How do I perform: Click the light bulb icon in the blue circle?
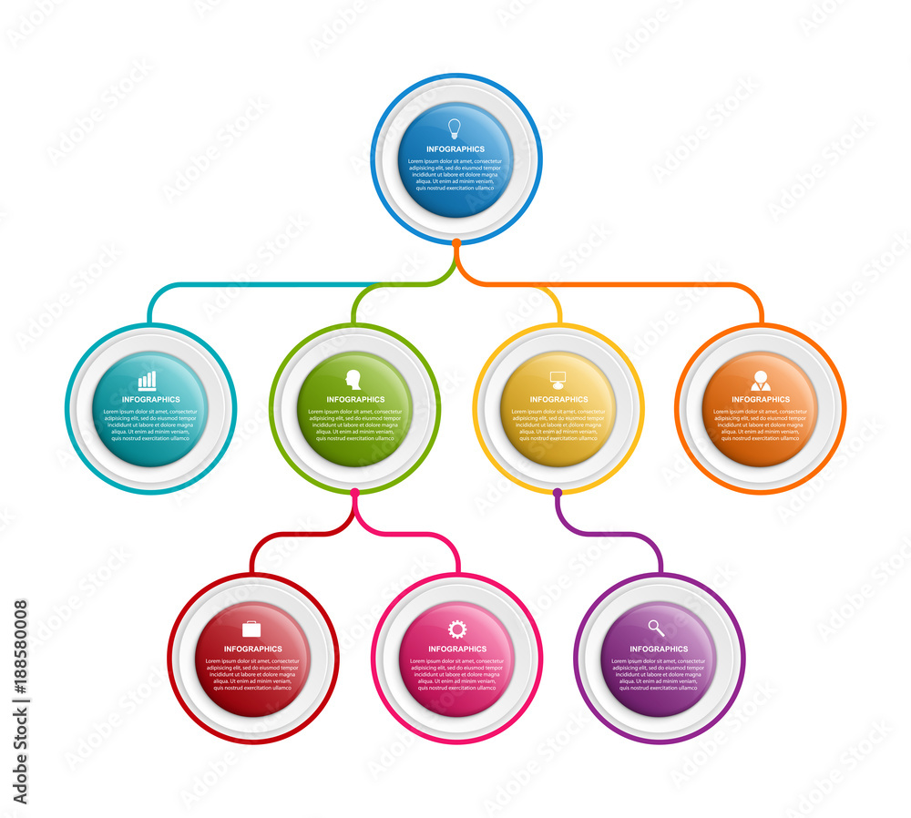click(455, 128)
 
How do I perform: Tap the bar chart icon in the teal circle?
click(147, 380)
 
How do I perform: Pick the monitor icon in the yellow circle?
click(558, 379)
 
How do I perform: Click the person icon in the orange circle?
click(761, 381)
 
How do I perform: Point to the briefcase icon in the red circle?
click(251, 629)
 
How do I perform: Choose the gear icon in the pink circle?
click(456, 629)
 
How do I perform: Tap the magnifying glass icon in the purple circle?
click(657, 629)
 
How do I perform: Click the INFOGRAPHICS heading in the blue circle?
click(455, 149)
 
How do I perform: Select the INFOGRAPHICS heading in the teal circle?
click(151, 400)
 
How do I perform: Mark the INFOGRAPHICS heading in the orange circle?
click(761, 400)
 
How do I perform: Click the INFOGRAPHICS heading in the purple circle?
click(659, 649)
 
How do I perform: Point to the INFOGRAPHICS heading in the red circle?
click(253, 649)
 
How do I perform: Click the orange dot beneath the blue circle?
click(455, 242)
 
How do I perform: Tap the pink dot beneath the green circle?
click(354, 493)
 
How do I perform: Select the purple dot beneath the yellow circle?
click(558, 493)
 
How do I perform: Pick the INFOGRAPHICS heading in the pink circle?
click(457, 649)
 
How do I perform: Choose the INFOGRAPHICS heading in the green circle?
click(355, 400)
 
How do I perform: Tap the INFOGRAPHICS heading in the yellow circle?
click(558, 400)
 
